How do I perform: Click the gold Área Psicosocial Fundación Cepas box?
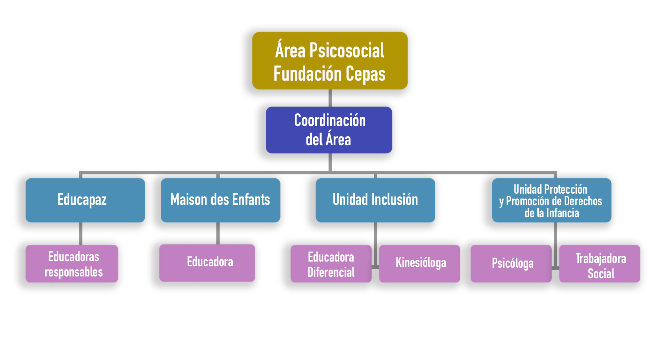coord(330,61)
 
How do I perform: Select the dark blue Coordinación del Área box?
coord(329,130)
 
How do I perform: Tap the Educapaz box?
coord(85,200)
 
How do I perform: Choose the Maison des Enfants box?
coord(220,200)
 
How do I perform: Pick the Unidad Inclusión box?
coord(375,200)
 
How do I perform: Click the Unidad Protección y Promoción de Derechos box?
coord(551,200)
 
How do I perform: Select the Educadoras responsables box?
coord(72,264)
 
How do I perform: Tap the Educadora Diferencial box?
coord(331,264)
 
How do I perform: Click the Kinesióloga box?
coord(420,264)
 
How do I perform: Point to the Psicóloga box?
coord(511,264)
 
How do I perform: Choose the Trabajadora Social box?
coord(600,264)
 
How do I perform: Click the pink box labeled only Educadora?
coord(207,263)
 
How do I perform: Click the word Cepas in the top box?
coord(365,74)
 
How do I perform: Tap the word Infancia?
coord(562,213)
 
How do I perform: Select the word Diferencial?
coord(331,272)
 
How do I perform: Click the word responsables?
coord(74,272)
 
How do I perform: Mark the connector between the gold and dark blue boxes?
coord(330,98)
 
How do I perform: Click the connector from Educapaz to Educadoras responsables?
coord(81,234)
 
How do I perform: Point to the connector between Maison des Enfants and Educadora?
coord(218,233)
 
